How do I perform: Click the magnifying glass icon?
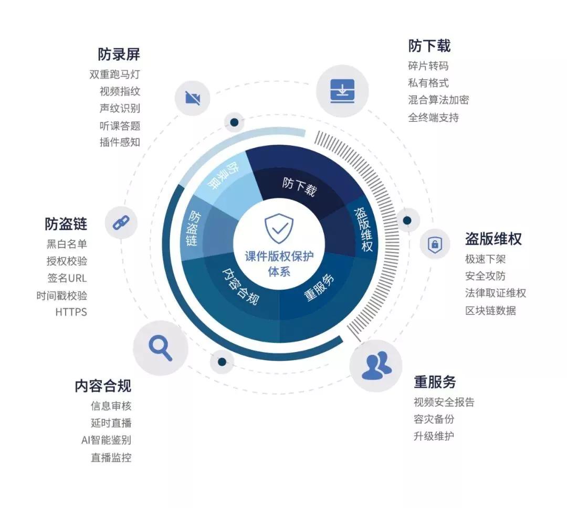(160, 348)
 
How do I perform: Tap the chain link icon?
(121, 223)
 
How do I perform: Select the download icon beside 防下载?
(342, 91)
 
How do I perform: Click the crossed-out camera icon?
(193, 98)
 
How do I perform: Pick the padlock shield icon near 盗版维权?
(435, 244)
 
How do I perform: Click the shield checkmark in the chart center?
(279, 228)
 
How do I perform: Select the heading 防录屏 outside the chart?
(119, 54)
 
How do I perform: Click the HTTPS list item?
(71, 312)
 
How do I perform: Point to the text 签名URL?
(67, 278)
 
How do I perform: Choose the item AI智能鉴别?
(106, 440)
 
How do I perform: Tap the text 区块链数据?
(490, 311)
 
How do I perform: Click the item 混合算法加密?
(438, 100)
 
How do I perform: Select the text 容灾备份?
(434, 419)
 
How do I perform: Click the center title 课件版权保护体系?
(279, 263)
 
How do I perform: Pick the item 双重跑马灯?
(115, 75)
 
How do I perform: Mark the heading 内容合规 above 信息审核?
(103, 386)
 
